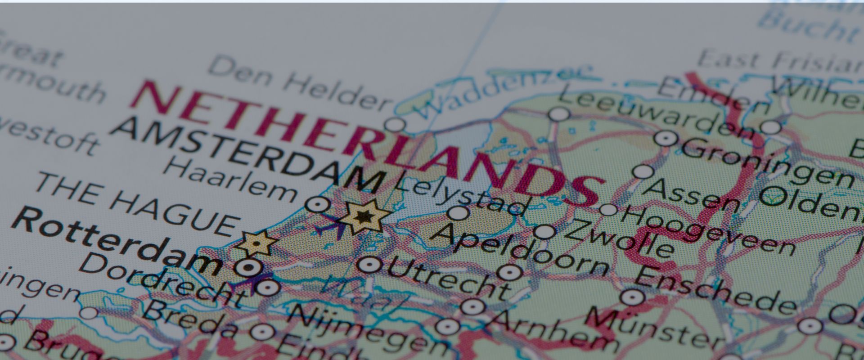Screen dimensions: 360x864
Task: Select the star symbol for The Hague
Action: (x=256, y=243)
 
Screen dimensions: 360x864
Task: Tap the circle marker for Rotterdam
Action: (x=248, y=268)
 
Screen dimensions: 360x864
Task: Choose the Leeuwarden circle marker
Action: (x=559, y=114)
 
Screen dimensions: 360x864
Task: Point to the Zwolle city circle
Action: (x=545, y=232)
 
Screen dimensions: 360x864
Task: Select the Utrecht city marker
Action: (x=369, y=265)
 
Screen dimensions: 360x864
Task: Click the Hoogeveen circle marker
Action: (x=608, y=210)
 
